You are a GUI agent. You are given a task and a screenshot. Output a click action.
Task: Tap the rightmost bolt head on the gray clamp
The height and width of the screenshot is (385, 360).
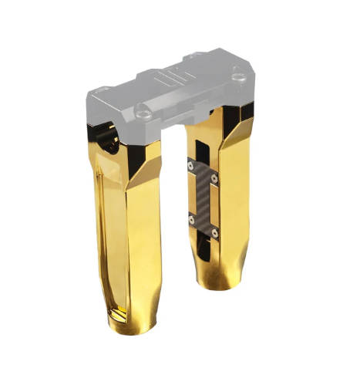point(237,76)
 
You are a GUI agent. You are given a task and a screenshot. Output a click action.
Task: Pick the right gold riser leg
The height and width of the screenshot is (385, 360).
point(231,208)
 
